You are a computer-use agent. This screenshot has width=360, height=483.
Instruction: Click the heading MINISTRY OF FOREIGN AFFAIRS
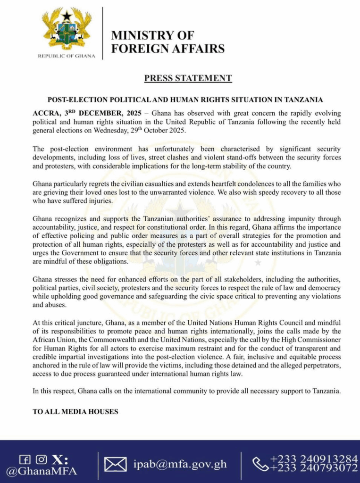pyautogui.click(x=167, y=42)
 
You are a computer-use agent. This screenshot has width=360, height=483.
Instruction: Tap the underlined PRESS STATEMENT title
pyautogui.click(x=188, y=78)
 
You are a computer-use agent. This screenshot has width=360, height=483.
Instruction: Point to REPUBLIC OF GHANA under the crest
pyautogui.click(x=66, y=56)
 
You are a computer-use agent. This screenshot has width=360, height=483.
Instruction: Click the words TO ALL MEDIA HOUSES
pyautogui.click(x=75, y=412)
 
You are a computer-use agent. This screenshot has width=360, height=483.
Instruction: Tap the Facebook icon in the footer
pyautogui.click(x=25, y=459)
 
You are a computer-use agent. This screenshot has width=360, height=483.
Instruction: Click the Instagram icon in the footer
pyautogui.click(x=42, y=459)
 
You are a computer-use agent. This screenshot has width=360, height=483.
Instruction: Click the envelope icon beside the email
pyautogui.click(x=116, y=465)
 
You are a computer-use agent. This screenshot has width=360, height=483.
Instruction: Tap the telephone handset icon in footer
pyautogui.click(x=260, y=464)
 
